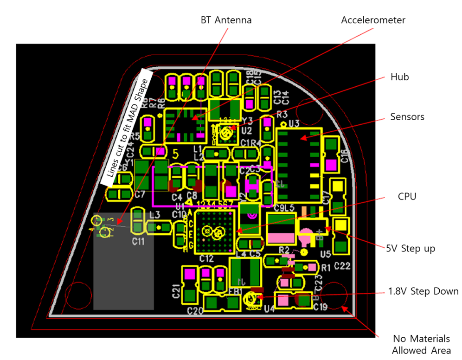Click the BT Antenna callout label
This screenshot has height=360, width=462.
(x=226, y=20)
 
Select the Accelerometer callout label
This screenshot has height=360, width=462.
(x=373, y=20)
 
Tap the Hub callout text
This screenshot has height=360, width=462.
(x=399, y=77)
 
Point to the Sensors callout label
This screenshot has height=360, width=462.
(x=407, y=117)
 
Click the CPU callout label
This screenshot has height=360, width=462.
(x=407, y=196)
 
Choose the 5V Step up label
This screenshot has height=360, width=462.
(x=411, y=249)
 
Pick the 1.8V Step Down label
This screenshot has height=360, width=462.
(x=423, y=291)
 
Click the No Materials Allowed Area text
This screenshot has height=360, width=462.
(x=421, y=344)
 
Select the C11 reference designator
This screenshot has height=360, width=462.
(x=138, y=241)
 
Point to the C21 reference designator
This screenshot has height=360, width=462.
(x=176, y=291)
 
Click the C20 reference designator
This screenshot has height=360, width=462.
(x=195, y=311)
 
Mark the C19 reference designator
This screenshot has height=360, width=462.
(x=321, y=307)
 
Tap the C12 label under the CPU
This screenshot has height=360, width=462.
(x=206, y=258)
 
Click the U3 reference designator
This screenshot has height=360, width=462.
(x=293, y=123)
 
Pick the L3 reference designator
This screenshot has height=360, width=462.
(x=154, y=214)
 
